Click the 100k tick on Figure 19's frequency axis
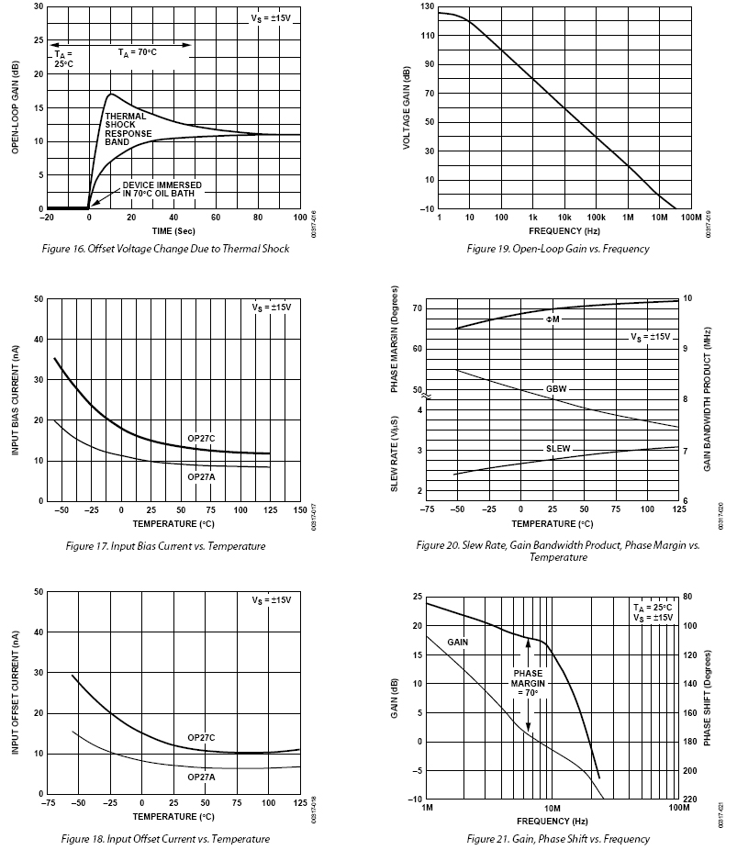click(596, 218)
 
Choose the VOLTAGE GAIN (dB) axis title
click(405, 108)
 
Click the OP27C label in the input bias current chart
click(201, 438)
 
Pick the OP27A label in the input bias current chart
click(201, 476)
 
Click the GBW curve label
click(556, 389)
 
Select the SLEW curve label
click(557, 449)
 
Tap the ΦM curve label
click(553, 319)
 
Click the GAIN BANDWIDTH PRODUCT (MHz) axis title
click(708, 399)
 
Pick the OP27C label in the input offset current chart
click(201, 738)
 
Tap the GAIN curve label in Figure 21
click(458, 642)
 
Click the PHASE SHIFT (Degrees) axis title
click(708, 697)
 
